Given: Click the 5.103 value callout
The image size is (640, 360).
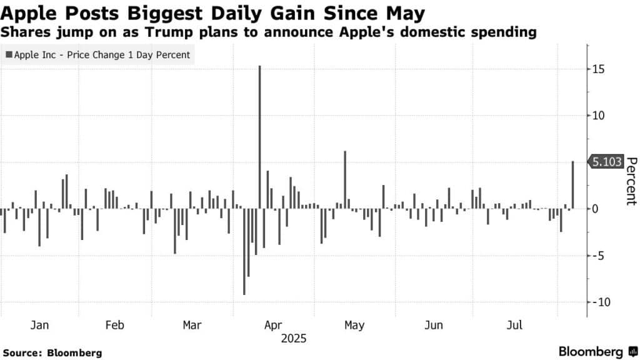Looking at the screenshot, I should tap(606, 162).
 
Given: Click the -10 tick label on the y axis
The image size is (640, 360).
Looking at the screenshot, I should tap(599, 302).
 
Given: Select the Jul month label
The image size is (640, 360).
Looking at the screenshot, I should tap(515, 326).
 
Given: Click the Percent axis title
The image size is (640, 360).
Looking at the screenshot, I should tap(631, 181).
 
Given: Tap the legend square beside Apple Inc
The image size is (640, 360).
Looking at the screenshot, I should tap(8, 55).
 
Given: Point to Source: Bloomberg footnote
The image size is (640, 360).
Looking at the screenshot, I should tap(52, 353).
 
